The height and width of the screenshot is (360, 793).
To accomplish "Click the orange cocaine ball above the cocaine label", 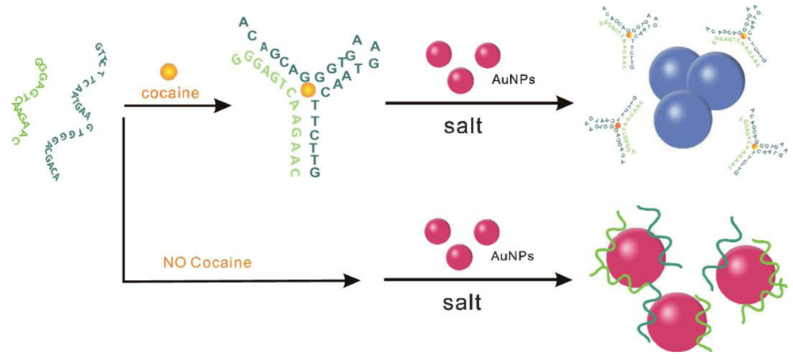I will (x=168, y=71).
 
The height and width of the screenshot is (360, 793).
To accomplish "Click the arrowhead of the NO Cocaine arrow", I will (x=350, y=279).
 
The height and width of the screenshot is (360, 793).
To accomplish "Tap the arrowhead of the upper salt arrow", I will (x=565, y=104).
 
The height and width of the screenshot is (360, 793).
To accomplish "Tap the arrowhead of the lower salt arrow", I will (x=565, y=279).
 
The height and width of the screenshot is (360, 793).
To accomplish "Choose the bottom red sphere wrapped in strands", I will (x=675, y=321).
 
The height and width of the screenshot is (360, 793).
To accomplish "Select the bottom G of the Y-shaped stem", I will (x=315, y=173).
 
